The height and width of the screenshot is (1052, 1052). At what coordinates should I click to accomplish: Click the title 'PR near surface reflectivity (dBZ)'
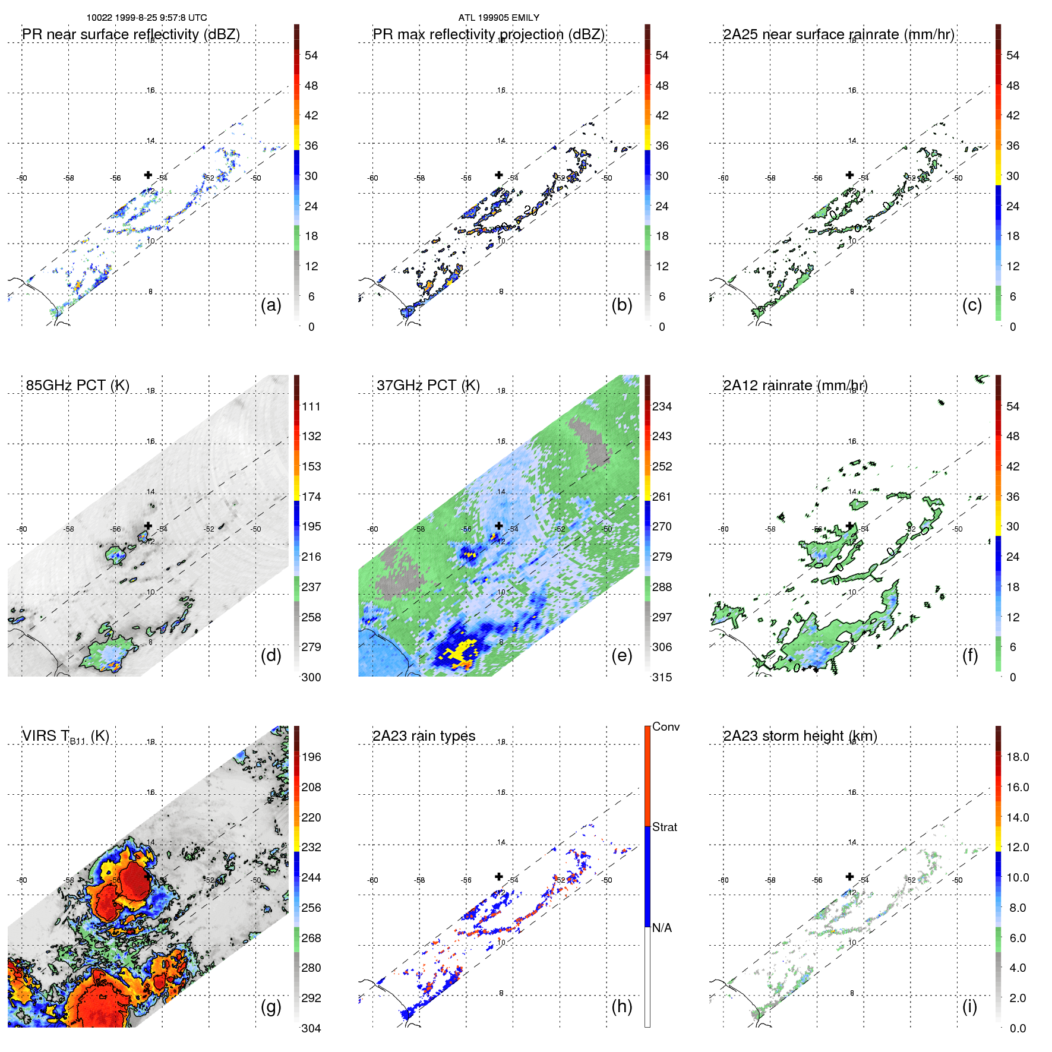tap(131, 34)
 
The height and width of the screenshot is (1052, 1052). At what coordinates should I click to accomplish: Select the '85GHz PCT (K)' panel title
tap(77, 386)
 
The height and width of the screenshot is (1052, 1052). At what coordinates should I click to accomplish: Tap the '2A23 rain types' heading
tap(424, 736)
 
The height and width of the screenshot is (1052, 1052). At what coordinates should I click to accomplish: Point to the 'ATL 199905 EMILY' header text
tap(498, 18)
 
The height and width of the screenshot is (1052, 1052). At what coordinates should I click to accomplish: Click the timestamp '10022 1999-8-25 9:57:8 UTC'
tap(147, 18)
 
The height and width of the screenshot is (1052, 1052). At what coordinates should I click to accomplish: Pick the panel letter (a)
tap(271, 305)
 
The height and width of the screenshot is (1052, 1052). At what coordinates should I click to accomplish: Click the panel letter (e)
tap(621, 655)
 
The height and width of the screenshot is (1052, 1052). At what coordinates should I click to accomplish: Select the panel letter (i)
tap(969, 1006)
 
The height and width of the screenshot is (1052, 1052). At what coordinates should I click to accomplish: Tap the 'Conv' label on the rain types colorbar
tap(665, 726)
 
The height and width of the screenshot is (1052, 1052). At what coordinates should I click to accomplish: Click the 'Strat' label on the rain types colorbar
tap(664, 827)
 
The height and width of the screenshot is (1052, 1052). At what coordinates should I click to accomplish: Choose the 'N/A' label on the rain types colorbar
tap(662, 928)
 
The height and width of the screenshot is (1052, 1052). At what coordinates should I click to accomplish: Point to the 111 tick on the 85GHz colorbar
tap(311, 407)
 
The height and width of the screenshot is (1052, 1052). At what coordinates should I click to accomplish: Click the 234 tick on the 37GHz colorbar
tap(662, 407)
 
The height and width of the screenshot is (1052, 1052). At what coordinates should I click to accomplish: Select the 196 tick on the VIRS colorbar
tap(311, 757)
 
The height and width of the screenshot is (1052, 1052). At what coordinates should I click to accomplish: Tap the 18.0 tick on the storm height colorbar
tap(1018, 757)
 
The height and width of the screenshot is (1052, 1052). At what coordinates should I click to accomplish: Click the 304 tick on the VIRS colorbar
tap(311, 1028)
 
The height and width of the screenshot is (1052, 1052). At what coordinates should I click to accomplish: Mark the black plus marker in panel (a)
tap(148, 175)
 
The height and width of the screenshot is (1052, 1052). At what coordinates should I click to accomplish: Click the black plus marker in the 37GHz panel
tap(499, 526)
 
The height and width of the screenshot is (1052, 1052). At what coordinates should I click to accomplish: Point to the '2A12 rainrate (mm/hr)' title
tap(795, 386)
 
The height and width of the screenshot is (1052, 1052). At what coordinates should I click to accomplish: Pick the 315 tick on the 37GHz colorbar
tap(662, 677)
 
